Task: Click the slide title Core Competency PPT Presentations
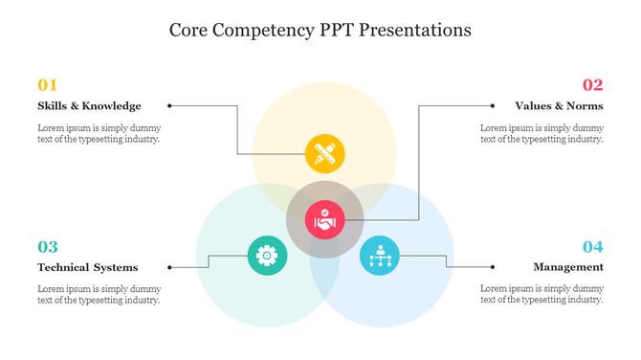pos(320,30)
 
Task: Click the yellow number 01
pos(48,84)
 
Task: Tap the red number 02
pos(592,84)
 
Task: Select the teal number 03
pos(48,246)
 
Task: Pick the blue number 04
pos(592,246)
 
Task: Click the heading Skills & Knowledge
pos(89,105)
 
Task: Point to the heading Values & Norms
pos(559,105)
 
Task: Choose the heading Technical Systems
pos(87,267)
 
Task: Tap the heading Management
pos(568,267)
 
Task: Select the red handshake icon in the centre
pos(324,221)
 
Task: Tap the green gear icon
pos(267,255)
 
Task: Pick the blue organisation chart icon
pos(380,256)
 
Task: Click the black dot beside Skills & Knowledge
pos(169,105)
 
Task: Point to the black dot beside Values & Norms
pos(493,105)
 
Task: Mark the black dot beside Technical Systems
pos(169,267)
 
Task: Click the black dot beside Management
pos(493,267)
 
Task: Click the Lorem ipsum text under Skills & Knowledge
pos(99,133)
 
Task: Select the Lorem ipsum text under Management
pos(542,294)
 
